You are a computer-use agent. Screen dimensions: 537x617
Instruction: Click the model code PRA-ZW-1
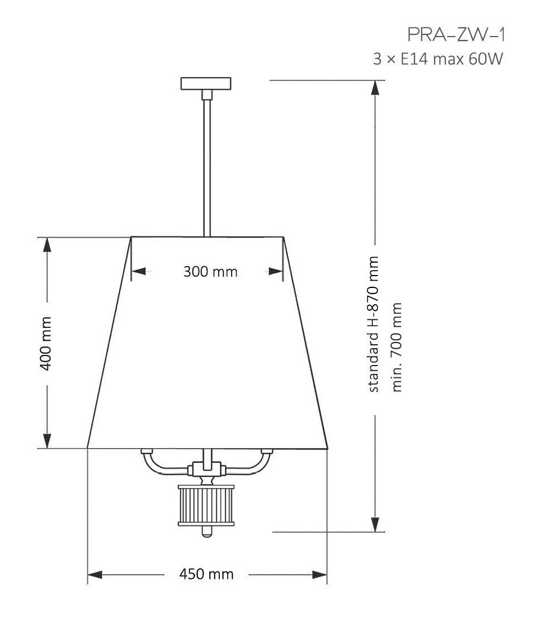click(x=456, y=35)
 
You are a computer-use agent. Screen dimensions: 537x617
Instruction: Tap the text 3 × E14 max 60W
click(x=438, y=59)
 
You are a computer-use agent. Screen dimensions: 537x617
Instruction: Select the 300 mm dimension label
click(x=210, y=272)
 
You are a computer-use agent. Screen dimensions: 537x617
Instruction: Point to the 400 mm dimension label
click(x=46, y=344)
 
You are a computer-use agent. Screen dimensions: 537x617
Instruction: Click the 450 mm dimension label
click(x=206, y=574)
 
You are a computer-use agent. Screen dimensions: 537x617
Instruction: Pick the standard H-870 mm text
click(x=373, y=324)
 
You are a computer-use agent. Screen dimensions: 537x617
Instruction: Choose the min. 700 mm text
click(x=397, y=347)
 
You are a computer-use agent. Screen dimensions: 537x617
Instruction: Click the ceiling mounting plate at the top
click(x=206, y=83)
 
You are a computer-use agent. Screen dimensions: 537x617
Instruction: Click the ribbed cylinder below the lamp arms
click(x=206, y=505)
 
